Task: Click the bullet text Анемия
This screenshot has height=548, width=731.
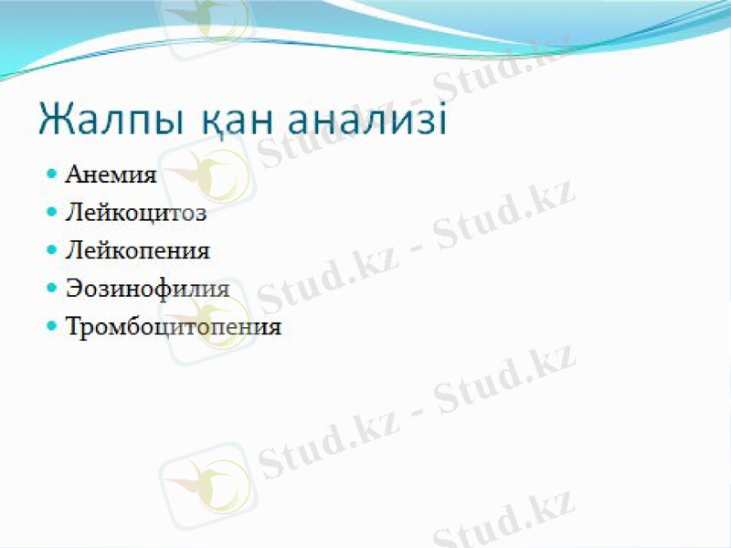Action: (111, 174)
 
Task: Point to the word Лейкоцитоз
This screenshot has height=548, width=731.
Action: (136, 214)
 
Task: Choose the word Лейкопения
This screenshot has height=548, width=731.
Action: (138, 249)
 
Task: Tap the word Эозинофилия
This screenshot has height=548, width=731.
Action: (147, 288)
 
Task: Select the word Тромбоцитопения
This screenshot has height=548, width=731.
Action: (174, 326)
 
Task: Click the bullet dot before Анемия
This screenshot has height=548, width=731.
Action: (51, 174)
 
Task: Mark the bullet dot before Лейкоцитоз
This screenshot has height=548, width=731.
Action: (51, 212)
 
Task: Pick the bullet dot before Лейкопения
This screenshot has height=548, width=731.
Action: (51, 249)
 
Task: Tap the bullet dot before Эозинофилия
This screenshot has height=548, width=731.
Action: (51, 287)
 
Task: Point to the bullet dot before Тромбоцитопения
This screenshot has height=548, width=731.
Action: (51, 325)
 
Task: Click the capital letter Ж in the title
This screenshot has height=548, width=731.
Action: (56, 121)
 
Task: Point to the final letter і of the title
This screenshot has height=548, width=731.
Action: (442, 121)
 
